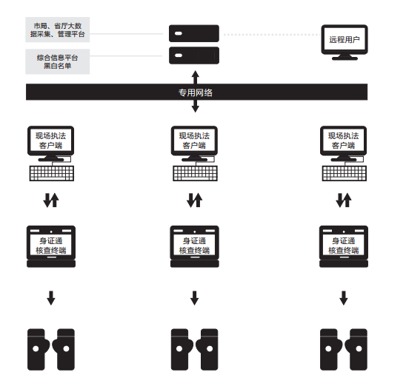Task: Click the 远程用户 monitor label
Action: [x=345, y=39]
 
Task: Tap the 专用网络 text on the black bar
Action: [x=196, y=92]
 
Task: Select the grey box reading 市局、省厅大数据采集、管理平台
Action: [x=58, y=30]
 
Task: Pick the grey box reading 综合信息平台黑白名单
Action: [x=58, y=61]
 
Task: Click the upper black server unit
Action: [x=194, y=33]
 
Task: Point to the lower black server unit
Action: [x=194, y=55]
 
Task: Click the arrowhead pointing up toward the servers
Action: [x=196, y=74]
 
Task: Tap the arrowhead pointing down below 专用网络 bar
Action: [x=196, y=109]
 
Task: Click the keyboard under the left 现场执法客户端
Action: [x=52, y=173]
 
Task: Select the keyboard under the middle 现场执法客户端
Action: [x=196, y=173]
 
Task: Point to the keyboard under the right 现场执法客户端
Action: [x=345, y=173]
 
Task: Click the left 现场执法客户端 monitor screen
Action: [x=50, y=141]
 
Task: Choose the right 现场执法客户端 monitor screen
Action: [x=344, y=141]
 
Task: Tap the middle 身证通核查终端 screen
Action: [x=194, y=245]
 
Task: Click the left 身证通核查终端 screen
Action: [x=51, y=245]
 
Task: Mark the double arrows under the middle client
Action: [x=194, y=200]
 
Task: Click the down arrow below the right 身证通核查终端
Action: [x=344, y=298]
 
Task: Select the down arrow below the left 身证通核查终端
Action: [x=51, y=298]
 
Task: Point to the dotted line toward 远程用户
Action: [x=272, y=34]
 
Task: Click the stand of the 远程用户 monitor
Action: [x=345, y=57]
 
